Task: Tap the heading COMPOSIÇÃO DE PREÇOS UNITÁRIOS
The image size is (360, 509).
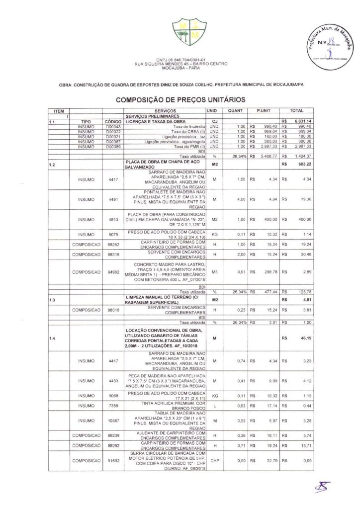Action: point(180,99)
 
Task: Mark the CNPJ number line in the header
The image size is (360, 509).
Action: point(180,60)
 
